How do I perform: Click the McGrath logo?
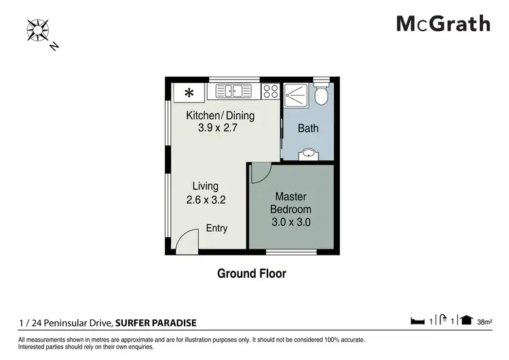(443, 24)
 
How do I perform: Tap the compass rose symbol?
(37, 30)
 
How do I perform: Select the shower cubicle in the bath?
(296, 96)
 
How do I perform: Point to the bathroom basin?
(308, 154)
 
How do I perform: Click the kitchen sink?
(233, 91)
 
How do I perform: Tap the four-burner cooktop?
(271, 91)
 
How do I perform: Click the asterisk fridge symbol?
(189, 93)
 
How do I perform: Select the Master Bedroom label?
(291, 202)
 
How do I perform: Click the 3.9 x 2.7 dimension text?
(217, 128)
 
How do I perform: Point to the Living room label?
(206, 186)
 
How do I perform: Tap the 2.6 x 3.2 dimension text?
(206, 200)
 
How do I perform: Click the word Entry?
(216, 228)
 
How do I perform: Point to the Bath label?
(308, 128)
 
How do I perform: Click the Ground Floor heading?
(252, 274)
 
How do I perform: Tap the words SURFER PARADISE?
(156, 323)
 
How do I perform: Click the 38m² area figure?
(485, 322)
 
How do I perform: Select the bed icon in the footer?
(417, 321)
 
